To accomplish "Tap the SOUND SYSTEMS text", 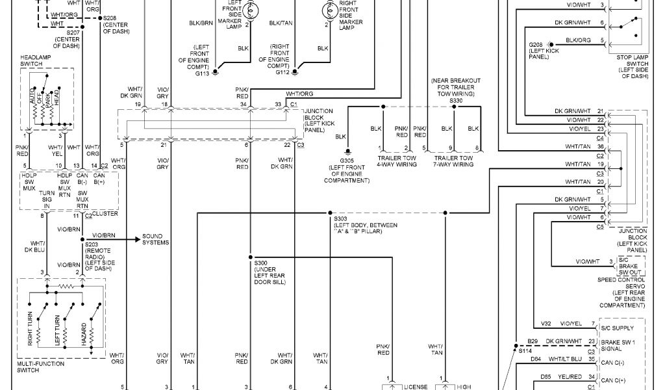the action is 156,239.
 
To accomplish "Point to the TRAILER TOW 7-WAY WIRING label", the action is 454,161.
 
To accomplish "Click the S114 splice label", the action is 525,350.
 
